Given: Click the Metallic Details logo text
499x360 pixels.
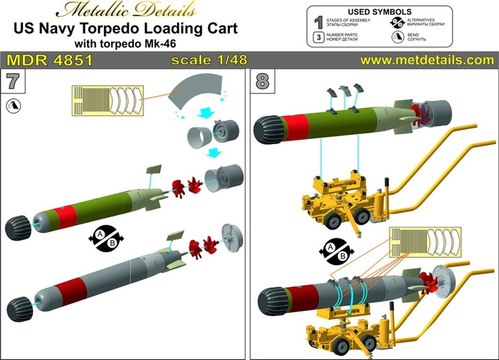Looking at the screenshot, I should (128, 11).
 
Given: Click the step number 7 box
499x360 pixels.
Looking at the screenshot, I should (13, 82).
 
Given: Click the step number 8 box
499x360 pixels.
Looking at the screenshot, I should (262, 82).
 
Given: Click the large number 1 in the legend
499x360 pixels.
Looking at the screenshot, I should (318, 23).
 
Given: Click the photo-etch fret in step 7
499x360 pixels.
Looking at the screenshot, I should (107, 100).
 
